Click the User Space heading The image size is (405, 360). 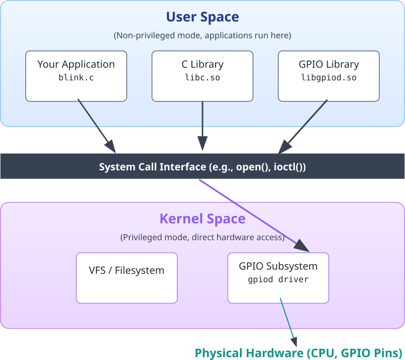click(x=202, y=17)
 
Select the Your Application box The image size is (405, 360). click(x=76, y=76)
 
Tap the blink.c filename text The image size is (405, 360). click(x=76, y=78)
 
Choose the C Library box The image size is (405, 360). click(x=202, y=76)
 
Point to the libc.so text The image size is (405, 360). click(x=202, y=78)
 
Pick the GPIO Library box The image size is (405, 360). click(x=328, y=76)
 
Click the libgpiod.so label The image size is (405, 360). click(x=328, y=78)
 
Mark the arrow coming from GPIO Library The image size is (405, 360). click(x=303, y=126)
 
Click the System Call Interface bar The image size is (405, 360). click(x=202, y=167)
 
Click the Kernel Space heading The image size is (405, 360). click(x=202, y=219)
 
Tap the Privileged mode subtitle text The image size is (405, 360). click(x=202, y=237)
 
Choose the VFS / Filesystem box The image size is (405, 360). click(x=127, y=278)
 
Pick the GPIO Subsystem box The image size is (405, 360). click(x=278, y=278)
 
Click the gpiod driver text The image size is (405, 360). click(x=278, y=280)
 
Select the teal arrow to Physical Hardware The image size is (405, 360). click(x=288, y=321)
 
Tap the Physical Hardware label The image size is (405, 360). click(x=299, y=352)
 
